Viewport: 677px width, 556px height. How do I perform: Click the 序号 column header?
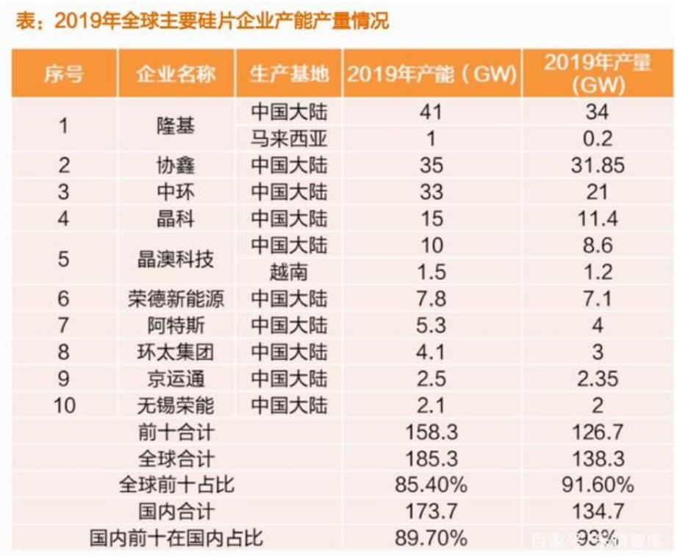[63, 74]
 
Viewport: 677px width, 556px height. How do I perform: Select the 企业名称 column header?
[176, 74]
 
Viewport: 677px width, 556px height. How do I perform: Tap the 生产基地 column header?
[289, 74]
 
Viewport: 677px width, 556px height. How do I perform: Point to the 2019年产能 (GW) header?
[431, 74]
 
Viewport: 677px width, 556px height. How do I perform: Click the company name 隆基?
[176, 125]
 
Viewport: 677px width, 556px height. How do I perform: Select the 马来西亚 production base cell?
[289, 138]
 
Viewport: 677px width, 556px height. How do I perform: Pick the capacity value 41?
[431, 112]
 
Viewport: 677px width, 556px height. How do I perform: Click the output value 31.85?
[597, 165]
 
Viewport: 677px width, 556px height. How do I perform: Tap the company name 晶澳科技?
[176, 259]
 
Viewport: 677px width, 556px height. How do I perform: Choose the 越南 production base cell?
[289, 272]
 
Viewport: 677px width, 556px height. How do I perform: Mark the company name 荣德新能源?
[176, 299]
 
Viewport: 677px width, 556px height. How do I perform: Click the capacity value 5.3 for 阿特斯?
[431, 325]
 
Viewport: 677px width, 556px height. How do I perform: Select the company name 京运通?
[176, 379]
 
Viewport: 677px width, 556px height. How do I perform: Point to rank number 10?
[63, 405]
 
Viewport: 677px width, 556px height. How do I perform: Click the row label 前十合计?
[176, 432]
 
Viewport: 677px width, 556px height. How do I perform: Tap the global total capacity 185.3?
[431, 459]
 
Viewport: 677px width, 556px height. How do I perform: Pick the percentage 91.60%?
[597, 485]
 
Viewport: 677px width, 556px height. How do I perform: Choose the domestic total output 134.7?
[597, 512]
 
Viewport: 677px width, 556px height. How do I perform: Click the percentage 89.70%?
[431, 538]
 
